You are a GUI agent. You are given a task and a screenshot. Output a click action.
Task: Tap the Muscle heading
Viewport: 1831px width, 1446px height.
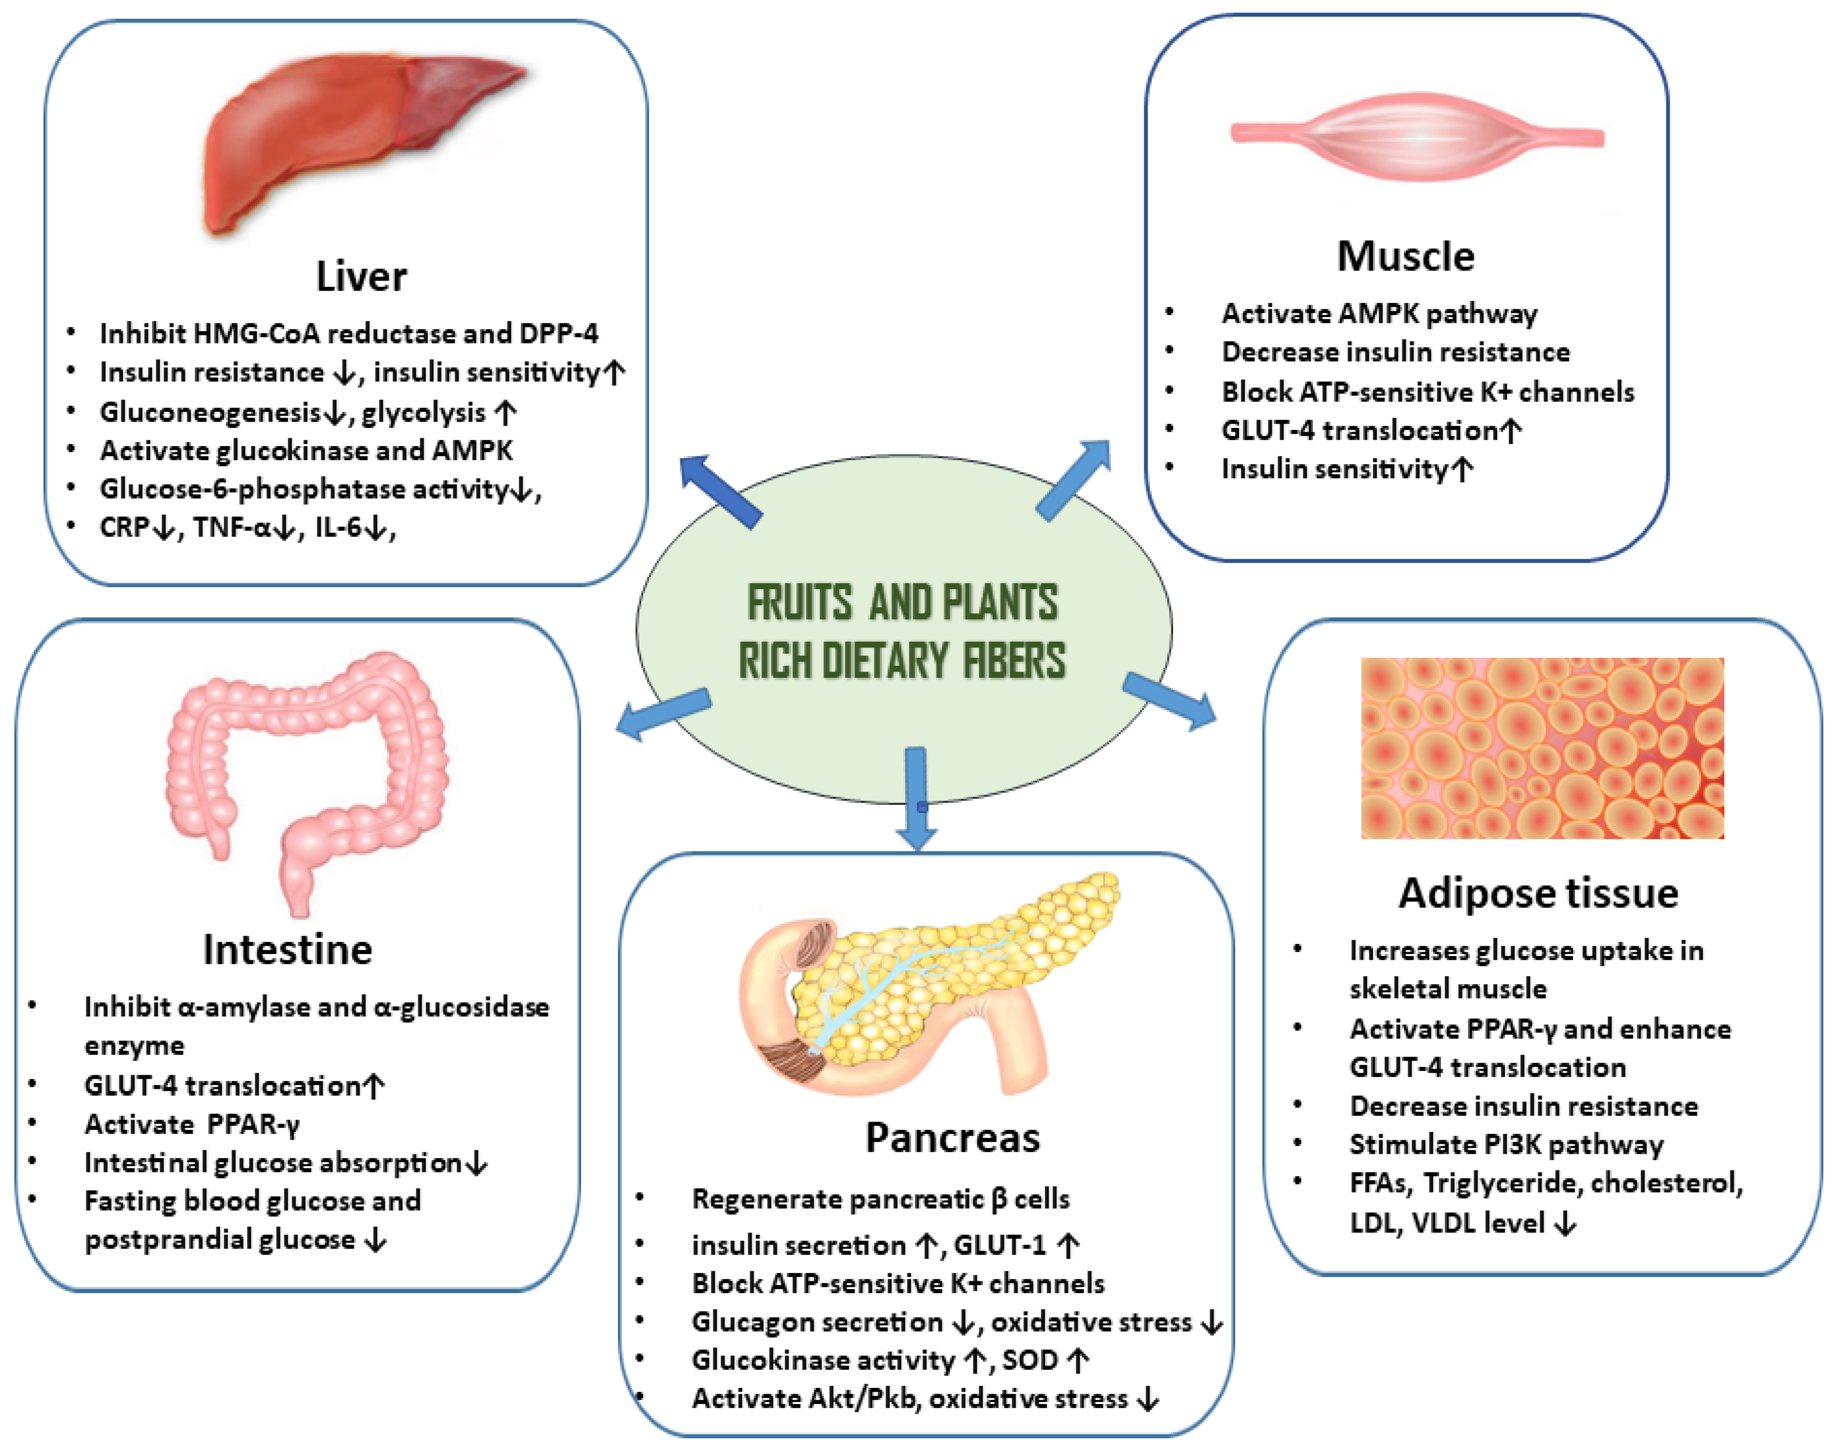(x=1405, y=255)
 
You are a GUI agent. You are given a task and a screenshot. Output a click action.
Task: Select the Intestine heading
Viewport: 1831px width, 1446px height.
(x=287, y=949)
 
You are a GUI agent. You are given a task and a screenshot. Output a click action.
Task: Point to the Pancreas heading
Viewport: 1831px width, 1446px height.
(x=952, y=1137)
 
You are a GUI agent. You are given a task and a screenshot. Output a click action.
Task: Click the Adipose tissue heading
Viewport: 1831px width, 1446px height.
(x=1538, y=893)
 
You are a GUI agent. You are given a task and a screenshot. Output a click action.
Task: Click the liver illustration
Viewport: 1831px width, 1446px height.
(x=360, y=140)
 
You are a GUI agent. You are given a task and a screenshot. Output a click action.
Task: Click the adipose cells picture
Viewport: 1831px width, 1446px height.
(x=1541, y=747)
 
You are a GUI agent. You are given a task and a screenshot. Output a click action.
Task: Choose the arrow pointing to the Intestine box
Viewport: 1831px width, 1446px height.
(x=663, y=714)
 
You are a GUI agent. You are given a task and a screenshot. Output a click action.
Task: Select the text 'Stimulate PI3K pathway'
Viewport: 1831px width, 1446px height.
(x=1506, y=1145)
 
